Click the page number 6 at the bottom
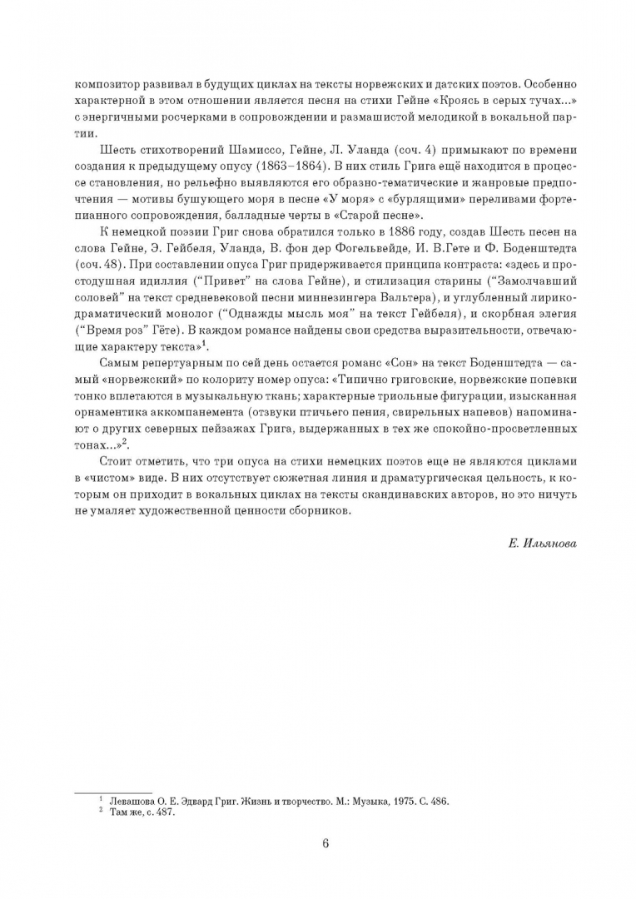[325, 843]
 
